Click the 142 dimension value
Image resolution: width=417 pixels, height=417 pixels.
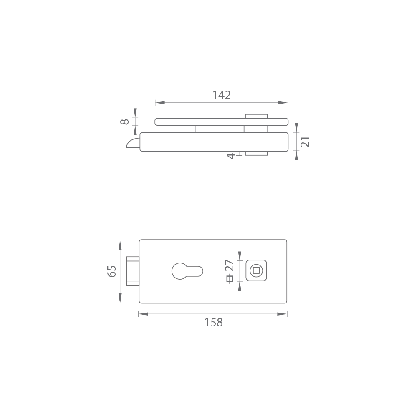pos(222,95)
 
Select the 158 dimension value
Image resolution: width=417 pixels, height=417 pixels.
pos(214,323)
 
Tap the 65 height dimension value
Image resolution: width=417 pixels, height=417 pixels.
pos(112,271)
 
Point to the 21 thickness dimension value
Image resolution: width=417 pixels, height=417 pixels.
pos(305,142)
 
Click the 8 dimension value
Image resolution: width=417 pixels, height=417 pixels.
pos(124,122)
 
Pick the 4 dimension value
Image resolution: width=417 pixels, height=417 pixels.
pos(230,156)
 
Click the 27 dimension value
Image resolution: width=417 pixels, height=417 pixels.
pos(230,265)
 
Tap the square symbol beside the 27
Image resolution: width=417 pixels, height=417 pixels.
pos(230,278)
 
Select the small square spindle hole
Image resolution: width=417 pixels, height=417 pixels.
pos(256,271)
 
